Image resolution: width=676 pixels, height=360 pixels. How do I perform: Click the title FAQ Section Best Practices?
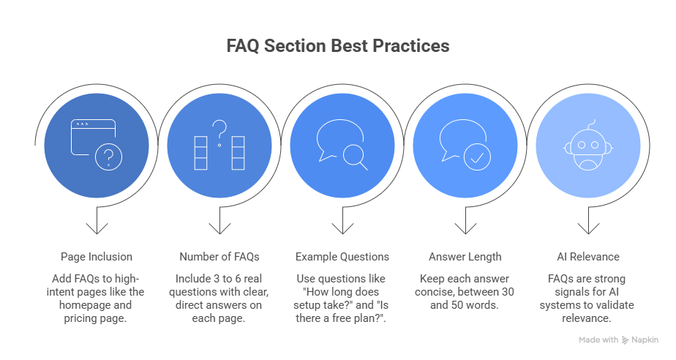click(x=337, y=46)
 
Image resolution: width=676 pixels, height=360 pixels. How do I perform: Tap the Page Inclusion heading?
click(x=96, y=257)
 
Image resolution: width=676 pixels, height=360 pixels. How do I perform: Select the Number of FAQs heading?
click(x=219, y=257)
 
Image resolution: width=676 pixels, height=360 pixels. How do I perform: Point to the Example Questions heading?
click(x=342, y=257)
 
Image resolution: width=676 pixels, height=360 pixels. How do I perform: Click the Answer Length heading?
click(x=465, y=257)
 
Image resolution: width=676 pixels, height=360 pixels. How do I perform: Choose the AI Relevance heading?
click(x=587, y=257)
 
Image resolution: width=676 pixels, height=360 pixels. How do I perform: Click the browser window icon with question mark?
click(x=96, y=144)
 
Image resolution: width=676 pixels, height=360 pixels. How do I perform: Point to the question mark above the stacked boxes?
click(x=219, y=130)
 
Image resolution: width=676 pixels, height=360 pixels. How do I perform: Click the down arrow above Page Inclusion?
click(x=96, y=223)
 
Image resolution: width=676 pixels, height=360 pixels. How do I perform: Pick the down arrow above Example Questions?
click(x=342, y=223)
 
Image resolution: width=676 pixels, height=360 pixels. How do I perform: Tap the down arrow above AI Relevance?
click(x=587, y=223)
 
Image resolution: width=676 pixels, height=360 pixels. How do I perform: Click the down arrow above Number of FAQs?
click(x=219, y=223)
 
